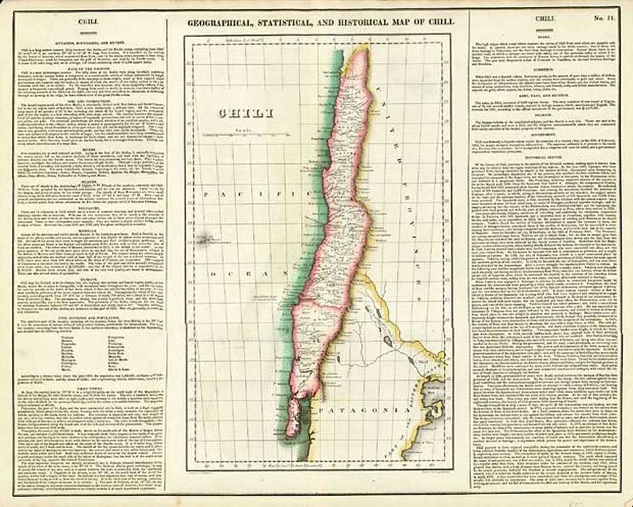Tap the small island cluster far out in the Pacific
tap(202, 237)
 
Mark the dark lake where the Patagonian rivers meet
tap(386, 339)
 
